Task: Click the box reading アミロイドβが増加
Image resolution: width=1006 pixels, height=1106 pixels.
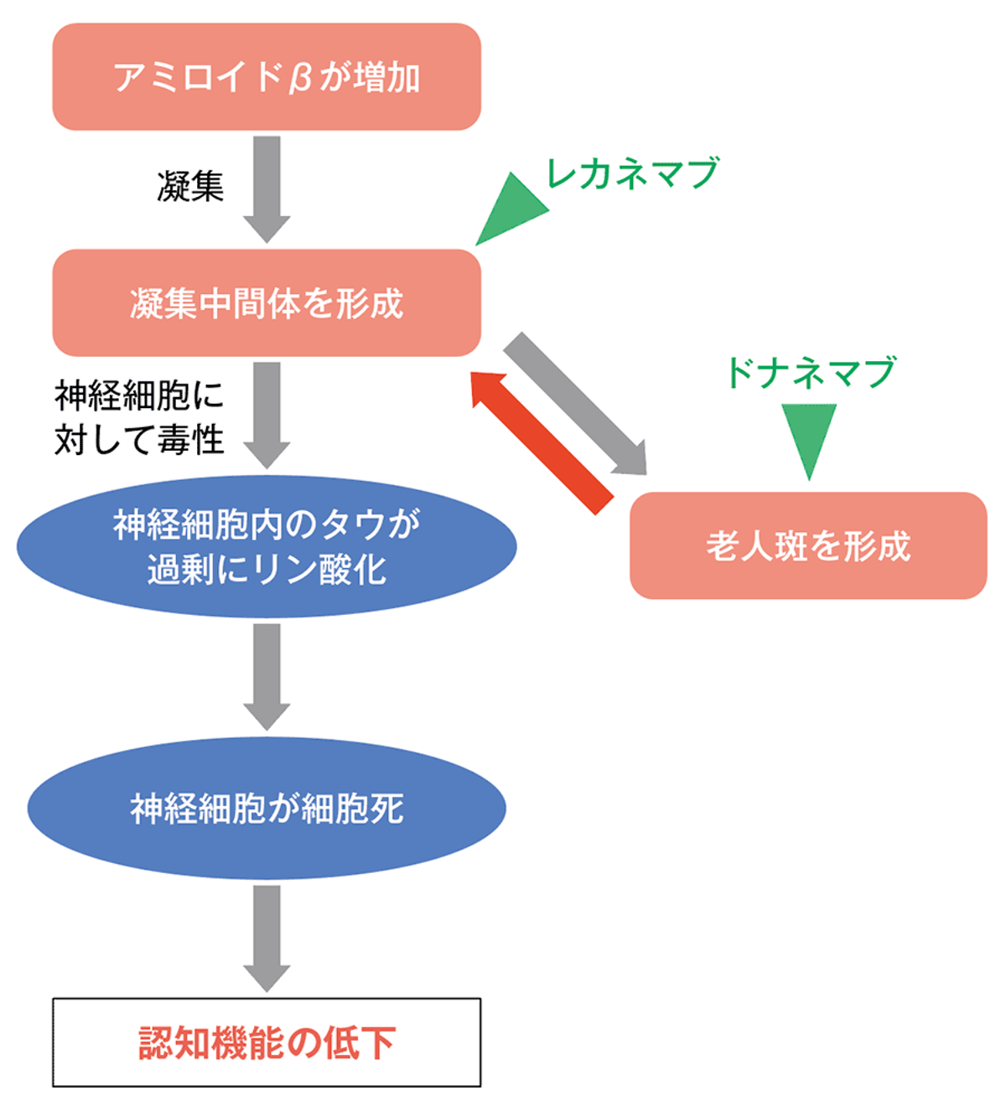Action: point(267,77)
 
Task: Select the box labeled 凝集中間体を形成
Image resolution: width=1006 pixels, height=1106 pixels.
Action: point(267,302)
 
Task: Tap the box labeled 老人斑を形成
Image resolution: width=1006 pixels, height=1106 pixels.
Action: point(807,545)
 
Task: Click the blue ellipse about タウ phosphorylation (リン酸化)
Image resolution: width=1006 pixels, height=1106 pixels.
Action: point(267,546)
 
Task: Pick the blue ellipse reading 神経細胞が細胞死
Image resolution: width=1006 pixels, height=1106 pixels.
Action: point(267,809)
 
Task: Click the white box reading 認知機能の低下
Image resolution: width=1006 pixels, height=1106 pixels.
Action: point(267,1042)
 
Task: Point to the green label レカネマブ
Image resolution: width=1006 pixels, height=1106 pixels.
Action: point(632,173)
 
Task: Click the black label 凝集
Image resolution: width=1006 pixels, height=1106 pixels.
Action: point(190,186)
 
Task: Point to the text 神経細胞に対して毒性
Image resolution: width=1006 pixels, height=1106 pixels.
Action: point(139,416)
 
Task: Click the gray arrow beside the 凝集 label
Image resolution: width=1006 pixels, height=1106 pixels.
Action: point(267,188)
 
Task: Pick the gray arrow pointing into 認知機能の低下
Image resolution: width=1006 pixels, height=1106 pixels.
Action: point(267,937)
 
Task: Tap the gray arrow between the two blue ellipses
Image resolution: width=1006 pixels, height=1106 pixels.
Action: point(267,675)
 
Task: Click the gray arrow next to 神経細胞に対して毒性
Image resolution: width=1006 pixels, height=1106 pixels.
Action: point(267,414)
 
